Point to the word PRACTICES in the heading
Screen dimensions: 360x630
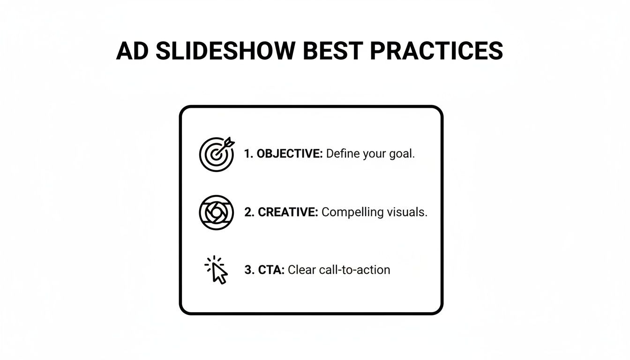coord(436,51)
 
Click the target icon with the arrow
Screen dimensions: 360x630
coord(216,154)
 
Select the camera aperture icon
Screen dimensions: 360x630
coord(216,212)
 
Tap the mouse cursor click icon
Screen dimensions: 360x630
coord(217,270)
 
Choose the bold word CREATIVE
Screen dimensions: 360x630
coord(288,212)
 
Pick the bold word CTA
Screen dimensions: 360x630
coord(271,270)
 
